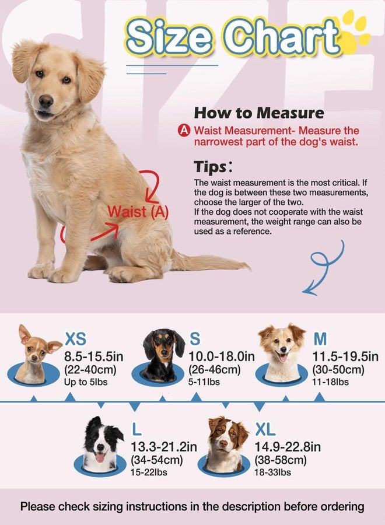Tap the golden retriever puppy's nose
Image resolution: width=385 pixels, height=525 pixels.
pos(46,101)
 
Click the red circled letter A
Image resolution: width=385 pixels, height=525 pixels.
pos(184,131)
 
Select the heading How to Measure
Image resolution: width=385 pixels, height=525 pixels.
pos(258,113)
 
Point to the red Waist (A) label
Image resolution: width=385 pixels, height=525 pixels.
pos(138,212)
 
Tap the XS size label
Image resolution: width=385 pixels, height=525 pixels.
pos(76,339)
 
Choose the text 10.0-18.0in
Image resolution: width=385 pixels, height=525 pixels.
pos(222,356)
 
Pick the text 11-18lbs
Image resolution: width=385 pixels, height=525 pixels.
pos(331,382)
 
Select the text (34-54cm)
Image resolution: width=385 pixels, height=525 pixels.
pos(157,460)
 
